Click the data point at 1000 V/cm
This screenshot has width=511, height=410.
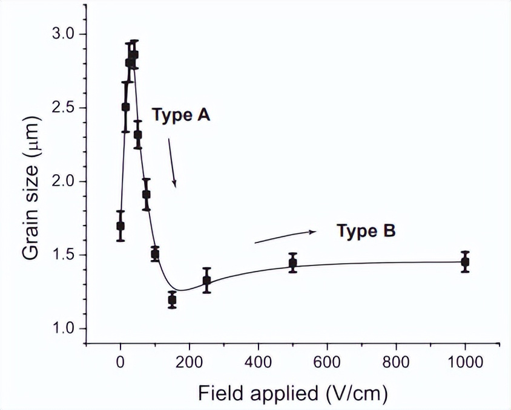coord(465,262)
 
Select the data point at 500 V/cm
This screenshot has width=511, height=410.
coord(293,263)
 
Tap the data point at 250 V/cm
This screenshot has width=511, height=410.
coord(206,280)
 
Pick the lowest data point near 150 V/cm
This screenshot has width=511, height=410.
coord(172,299)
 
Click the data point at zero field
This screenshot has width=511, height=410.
coord(120,226)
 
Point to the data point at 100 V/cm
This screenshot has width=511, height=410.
coord(155,254)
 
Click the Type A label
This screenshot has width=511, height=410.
coord(180,115)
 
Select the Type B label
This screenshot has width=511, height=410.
coord(366,230)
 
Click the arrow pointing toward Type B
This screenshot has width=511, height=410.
coord(285,237)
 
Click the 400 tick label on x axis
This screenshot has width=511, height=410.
coord(258,363)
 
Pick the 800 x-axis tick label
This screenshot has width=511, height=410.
coord(396,363)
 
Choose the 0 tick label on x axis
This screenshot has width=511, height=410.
coord(120,363)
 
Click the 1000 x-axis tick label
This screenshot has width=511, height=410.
coord(465,363)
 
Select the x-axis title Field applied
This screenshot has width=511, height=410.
coord(292,393)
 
